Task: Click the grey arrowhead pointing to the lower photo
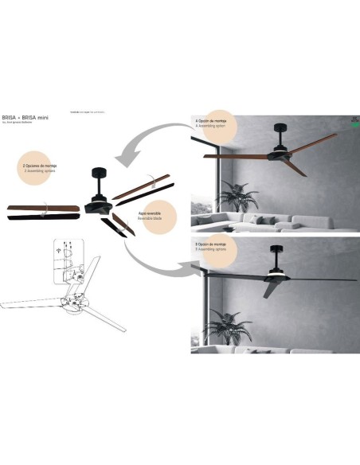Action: coord(189,268)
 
